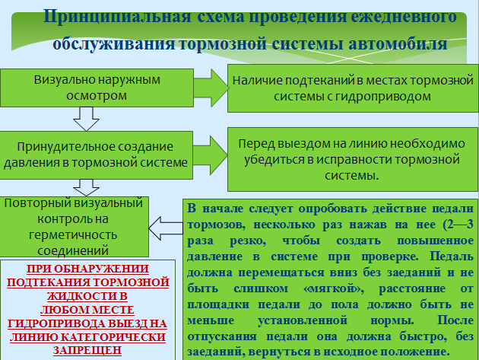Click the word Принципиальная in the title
tap(117, 17)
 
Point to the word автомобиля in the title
tap(398, 43)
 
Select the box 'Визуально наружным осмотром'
tap(97, 88)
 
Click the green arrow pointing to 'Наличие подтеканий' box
tap(211, 88)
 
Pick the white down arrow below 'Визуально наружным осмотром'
tap(86, 119)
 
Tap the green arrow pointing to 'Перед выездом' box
tap(211, 155)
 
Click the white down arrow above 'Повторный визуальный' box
tap(86, 187)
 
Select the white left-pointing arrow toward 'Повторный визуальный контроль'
tap(166, 228)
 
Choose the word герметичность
tap(73, 235)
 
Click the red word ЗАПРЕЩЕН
tap(87, 350)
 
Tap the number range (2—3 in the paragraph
tap(458, 225)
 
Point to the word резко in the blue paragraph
tap(248, 241)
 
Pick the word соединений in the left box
tap(73, 251)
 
